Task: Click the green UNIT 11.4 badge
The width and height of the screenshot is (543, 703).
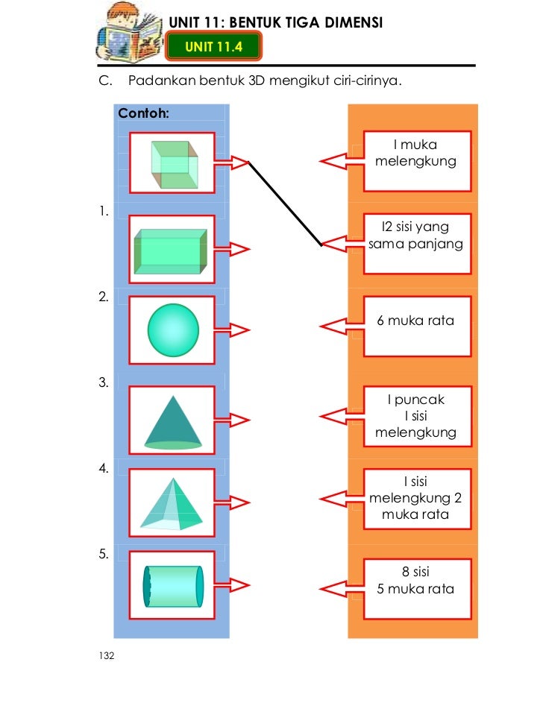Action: (x=214, y=48)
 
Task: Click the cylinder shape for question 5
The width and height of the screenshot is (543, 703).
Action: (x=173, y=586)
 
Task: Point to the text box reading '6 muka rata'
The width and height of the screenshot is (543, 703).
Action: (x=417, y=326)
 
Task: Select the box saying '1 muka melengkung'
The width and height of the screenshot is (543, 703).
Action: (x=417, y=160)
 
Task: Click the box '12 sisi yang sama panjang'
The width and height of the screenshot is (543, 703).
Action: (x=417, y=242)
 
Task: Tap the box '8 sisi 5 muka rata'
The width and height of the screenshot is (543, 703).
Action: (x=417, y=588)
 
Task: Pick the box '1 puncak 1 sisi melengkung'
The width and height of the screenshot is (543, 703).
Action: (x=417, y=416)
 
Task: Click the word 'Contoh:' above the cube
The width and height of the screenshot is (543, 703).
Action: (x=144, y=115)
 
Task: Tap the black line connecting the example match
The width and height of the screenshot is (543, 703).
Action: (x=285, y=203)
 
